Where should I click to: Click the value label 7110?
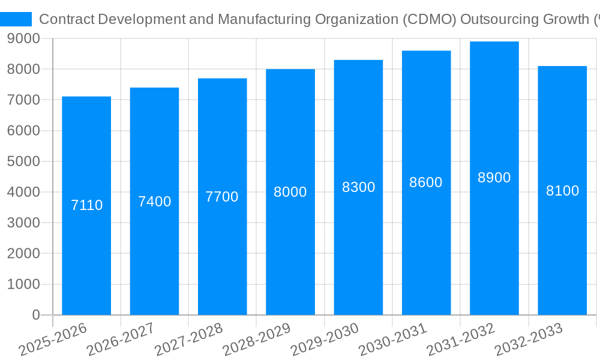[86, 205]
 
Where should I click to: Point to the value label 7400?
[154, 202]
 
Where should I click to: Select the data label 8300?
[358, 187]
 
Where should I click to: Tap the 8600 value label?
[426, 182]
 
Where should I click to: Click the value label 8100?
[562, 191]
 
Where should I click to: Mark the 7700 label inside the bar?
[222, 197]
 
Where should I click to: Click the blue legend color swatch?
[16, 19]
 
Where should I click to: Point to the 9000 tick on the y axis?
[23, 38]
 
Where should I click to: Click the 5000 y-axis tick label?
[23, 161]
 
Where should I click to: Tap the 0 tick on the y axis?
[36, 315]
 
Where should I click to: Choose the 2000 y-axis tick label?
[23, 254]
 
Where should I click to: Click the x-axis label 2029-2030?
[326, 339]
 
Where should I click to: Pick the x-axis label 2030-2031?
[394, 339]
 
